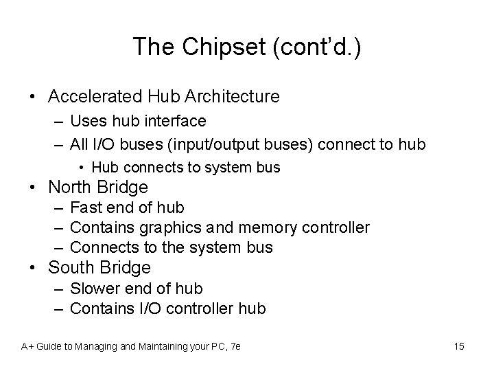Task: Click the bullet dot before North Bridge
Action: (x=32, y=188)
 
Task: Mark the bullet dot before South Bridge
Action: (x=32, y=268)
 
